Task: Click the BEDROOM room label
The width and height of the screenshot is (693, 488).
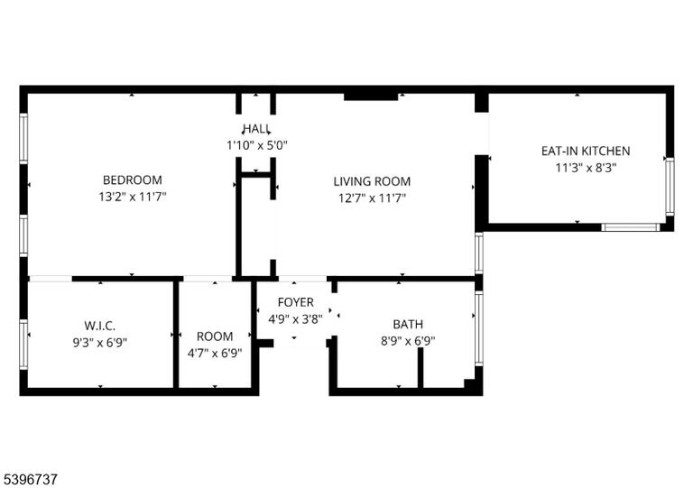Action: pyautogui.click(x=132, y=180)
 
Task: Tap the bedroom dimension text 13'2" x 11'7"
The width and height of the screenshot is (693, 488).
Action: pyautogui.click(x=132, y=197)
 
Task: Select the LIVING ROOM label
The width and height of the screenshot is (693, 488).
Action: pyautogui.click(x=372, y=181)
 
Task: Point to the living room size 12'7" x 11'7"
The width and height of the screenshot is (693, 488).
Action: pyautogui.click(x=372, y=198)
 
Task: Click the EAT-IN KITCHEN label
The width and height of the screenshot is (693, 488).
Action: pyautogui.click(x=586, y=151)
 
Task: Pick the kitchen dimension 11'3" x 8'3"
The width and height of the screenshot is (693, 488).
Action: pyautogui.click(x=586, y=168)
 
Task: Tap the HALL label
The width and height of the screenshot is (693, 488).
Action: pyautogui.click(x=256, y=129)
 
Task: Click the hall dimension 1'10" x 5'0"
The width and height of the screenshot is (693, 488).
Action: pyautogui.click(x=257, y=145)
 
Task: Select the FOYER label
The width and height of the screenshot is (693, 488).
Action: pyautogui.click(x=296, y=302)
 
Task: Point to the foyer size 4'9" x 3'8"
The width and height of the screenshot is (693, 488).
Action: pyautogui.click(x=296, y=318)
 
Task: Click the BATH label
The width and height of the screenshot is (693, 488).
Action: pyautogui.click(x=408, y=324)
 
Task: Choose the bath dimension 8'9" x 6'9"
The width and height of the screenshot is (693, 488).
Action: pyautogui.click(x=408, y=341)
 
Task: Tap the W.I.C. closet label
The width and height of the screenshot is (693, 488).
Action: pyautogui.click(x=100, y=326)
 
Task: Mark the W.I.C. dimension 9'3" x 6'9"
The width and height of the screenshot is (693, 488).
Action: pyautogui.click(x=100, y=343)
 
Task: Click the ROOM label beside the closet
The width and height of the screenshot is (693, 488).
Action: pyautogui.click(x=215, y=336)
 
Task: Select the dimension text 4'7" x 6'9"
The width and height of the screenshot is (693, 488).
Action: pyautogui.click(x=215, y=354)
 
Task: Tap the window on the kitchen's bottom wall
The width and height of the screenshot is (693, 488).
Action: pyautogui.click(x=630, y=227)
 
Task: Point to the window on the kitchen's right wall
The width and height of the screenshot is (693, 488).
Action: pyautogui.click(x=670, y=187)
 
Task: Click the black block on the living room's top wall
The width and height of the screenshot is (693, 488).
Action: pyautogui.click(x=371, y=97)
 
